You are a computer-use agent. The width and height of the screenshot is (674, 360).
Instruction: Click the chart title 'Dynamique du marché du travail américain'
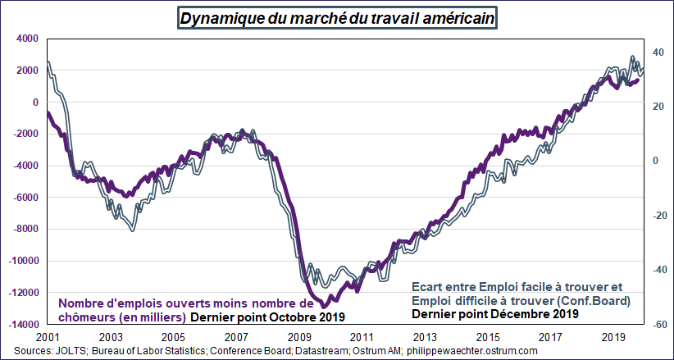[x=337, y=17]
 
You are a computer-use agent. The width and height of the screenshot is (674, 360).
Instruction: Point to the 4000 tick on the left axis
[x=26, y=39]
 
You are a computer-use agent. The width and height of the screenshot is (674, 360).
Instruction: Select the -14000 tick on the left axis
[x=21, y=324]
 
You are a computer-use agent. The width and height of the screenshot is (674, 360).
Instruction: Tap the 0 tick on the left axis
[x=35, y=103]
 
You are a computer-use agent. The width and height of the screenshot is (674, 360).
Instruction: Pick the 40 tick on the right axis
[x=657, y=52]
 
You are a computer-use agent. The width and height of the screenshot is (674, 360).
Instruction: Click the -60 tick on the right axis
[x=655, y=324]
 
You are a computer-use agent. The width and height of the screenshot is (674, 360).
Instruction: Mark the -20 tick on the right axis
[x=655, y=215]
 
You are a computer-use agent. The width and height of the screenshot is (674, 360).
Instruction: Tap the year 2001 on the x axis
[x=48, y=337]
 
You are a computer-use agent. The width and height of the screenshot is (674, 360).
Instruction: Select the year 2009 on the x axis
[x=300, y=337]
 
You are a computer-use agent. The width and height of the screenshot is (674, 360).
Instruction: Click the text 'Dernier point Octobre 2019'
[x=268, y=317]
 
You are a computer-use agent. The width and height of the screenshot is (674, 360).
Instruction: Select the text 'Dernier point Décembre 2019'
[x=494, y=313]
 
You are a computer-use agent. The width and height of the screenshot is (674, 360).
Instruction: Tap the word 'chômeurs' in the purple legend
[x=86, y=317]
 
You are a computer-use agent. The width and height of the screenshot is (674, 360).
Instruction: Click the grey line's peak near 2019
[x=632, y=57]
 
